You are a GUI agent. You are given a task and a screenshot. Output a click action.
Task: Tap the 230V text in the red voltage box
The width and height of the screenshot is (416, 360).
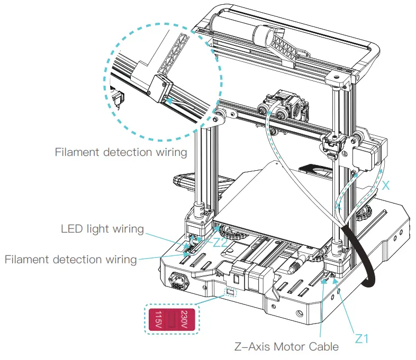184,319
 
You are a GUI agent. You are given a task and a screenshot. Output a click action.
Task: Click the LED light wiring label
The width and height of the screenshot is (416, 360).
102,229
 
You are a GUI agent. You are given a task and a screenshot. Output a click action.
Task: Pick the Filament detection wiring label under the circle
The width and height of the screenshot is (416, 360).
121,152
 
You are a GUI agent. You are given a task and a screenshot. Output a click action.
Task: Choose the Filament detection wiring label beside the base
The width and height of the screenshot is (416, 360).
70,260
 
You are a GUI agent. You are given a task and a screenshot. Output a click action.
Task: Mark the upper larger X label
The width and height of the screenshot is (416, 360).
386,185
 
